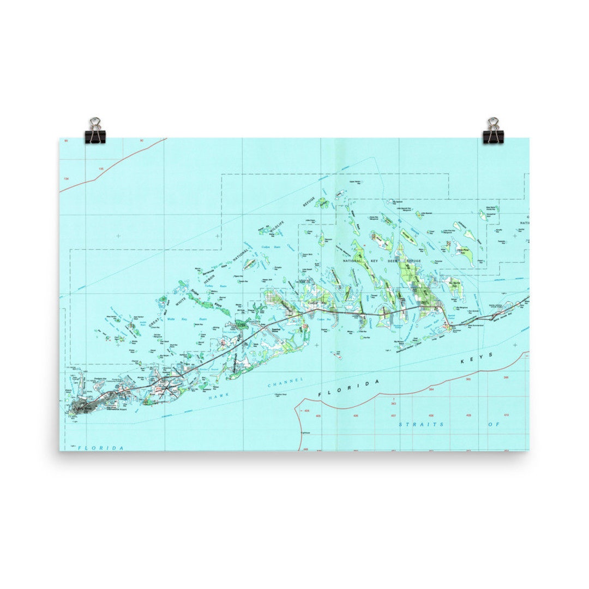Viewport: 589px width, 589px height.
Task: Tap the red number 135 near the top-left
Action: click(x=101, y=169)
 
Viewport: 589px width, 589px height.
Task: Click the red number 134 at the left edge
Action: click(x=67, y=179)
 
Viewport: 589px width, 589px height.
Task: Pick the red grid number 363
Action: click(x=393, y=404)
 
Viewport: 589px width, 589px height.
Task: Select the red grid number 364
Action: click(x=431, y=390)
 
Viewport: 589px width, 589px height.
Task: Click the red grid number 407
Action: click(x=393, y=416)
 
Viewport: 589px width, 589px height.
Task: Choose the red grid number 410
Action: click(x=506, y=415)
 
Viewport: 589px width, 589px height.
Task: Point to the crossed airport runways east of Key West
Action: click(x=166, y=388)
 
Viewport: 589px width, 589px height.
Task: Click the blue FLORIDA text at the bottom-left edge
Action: click(x=101, y=448)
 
